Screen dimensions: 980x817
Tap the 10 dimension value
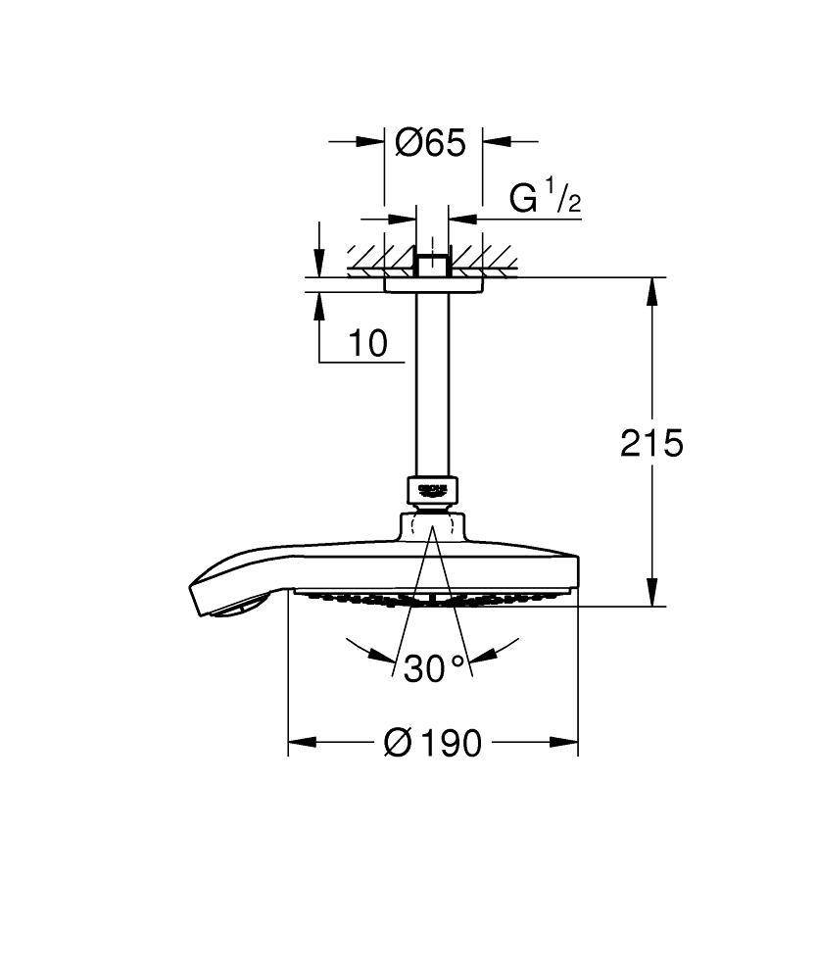pos(367,343)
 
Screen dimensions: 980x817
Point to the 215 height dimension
pos(651,443)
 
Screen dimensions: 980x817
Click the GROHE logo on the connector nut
pos(432,488)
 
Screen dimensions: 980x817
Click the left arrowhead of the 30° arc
pos(355,648)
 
